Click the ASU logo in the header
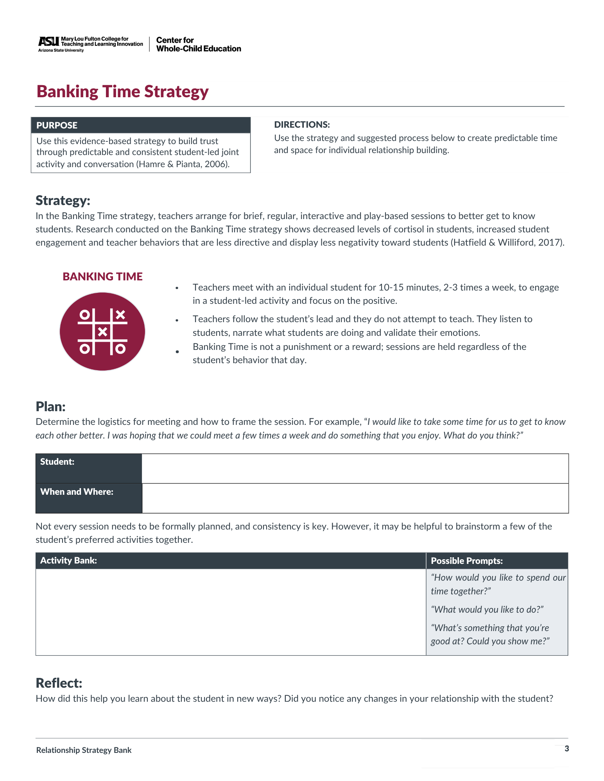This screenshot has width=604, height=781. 48,41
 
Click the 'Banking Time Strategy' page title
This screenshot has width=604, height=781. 122,92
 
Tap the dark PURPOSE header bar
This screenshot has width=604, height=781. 141,125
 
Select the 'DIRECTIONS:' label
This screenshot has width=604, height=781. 302,125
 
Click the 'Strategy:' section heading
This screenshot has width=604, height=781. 63,200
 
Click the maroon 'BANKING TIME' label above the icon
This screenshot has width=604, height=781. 102,276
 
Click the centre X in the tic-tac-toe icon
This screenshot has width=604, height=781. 102,332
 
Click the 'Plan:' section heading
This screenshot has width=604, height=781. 50,407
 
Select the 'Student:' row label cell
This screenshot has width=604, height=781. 88,468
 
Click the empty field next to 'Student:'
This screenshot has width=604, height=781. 355,468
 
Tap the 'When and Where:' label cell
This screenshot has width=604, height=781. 88,498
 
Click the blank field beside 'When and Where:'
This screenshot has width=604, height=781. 355,498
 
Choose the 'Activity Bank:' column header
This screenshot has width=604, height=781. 231,561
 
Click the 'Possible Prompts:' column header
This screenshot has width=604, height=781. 496,561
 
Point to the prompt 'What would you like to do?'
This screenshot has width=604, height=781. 487,610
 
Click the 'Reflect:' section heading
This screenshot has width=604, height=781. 59,683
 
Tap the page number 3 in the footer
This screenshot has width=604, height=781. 566,749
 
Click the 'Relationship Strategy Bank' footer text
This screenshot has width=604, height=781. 84,750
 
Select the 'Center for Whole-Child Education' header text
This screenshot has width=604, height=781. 198,45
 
